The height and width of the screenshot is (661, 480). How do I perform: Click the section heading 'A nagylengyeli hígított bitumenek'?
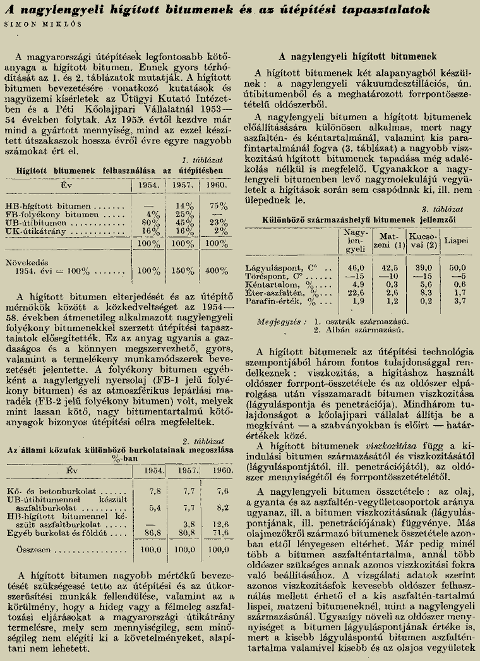tap(357, 56)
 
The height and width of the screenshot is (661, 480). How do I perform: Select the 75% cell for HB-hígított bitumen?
tap(219, 205)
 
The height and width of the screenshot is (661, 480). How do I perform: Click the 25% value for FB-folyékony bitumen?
tap(184, 214)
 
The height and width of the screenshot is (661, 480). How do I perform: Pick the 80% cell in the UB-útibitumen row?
tap(148, 222)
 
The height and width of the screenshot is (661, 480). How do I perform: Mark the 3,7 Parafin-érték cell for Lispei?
tap(452, 301)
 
